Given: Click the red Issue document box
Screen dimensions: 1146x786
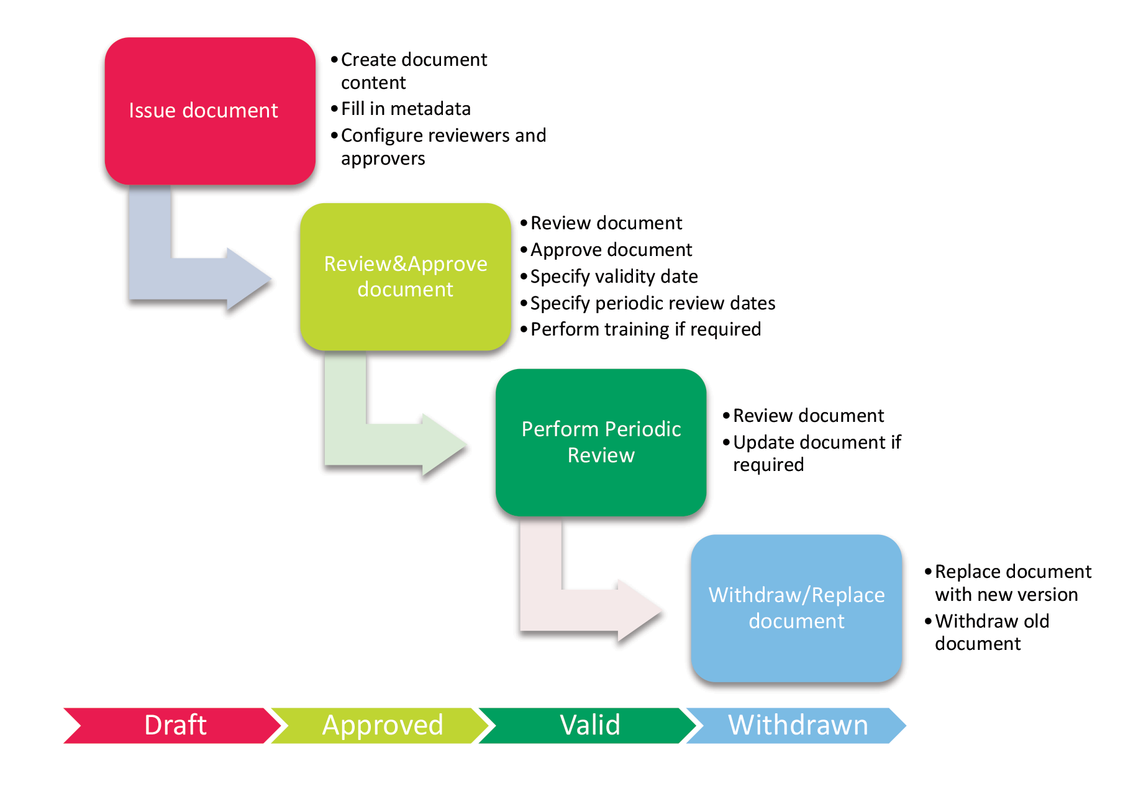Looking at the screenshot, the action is (x=210, y=111).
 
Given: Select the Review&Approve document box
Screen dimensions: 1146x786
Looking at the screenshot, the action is (x=406, y=276).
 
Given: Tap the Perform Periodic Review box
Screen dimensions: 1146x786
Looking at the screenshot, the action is (x=601, y=442).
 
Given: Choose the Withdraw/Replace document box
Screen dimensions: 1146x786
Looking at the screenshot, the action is (x=796, y=608).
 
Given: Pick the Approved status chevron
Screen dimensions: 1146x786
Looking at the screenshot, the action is (x=383, y=725).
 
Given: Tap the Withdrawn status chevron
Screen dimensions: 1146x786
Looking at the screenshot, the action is (x=798, y=725).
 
